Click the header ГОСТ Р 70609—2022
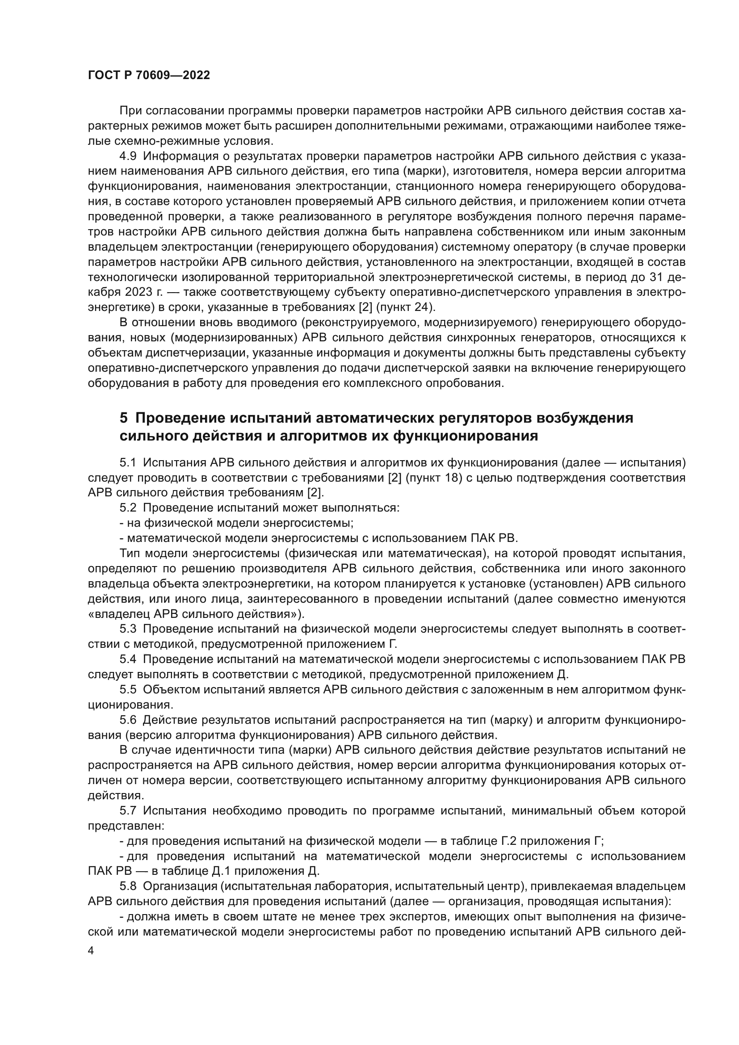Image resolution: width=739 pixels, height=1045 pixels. point(149,76)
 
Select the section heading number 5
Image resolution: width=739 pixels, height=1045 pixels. point(123,418)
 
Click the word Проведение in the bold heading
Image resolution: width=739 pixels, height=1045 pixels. point(181,418)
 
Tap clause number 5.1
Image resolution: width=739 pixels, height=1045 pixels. point(128,463)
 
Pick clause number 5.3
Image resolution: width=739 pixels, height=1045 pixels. point(128,629)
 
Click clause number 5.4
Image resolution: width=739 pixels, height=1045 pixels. point(128,659)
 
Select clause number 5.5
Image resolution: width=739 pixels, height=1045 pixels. point(128,689)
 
